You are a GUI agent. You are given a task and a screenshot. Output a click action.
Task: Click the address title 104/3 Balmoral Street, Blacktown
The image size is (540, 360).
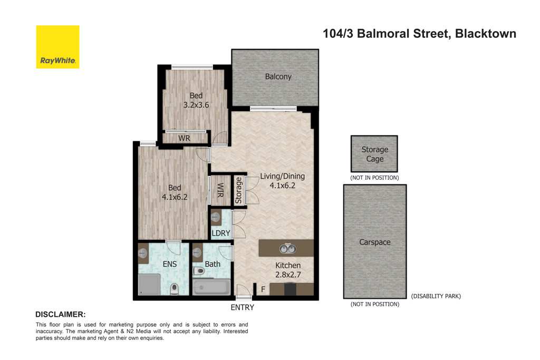click(419, 34)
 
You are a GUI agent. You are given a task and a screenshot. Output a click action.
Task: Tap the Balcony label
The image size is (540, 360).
click(278, 77)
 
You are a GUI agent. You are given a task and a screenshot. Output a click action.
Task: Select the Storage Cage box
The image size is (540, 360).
click(374, 154)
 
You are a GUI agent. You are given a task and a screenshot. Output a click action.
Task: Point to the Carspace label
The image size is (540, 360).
click(374, 242)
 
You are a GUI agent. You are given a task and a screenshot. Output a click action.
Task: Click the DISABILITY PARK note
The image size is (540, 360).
click(436, 296)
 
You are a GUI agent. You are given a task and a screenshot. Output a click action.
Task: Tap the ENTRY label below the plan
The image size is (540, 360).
click(242, 307)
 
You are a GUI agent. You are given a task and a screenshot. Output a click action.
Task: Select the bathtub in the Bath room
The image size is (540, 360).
click(211, 288)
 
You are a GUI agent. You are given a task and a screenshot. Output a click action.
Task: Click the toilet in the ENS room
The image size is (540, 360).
click(175, 288)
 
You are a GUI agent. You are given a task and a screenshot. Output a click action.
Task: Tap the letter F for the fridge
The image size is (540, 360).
click(262, 289)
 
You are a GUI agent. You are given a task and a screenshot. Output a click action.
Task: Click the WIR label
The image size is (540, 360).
click(220, 190)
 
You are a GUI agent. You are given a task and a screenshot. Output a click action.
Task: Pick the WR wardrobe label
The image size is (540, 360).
click(184, 139)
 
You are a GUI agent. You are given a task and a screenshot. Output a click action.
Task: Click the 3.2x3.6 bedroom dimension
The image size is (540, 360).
click(196, 105)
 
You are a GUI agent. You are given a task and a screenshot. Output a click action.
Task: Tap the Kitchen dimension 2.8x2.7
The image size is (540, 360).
click(288, 275)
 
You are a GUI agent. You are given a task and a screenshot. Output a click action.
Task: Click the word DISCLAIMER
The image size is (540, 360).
click(60, 314)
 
